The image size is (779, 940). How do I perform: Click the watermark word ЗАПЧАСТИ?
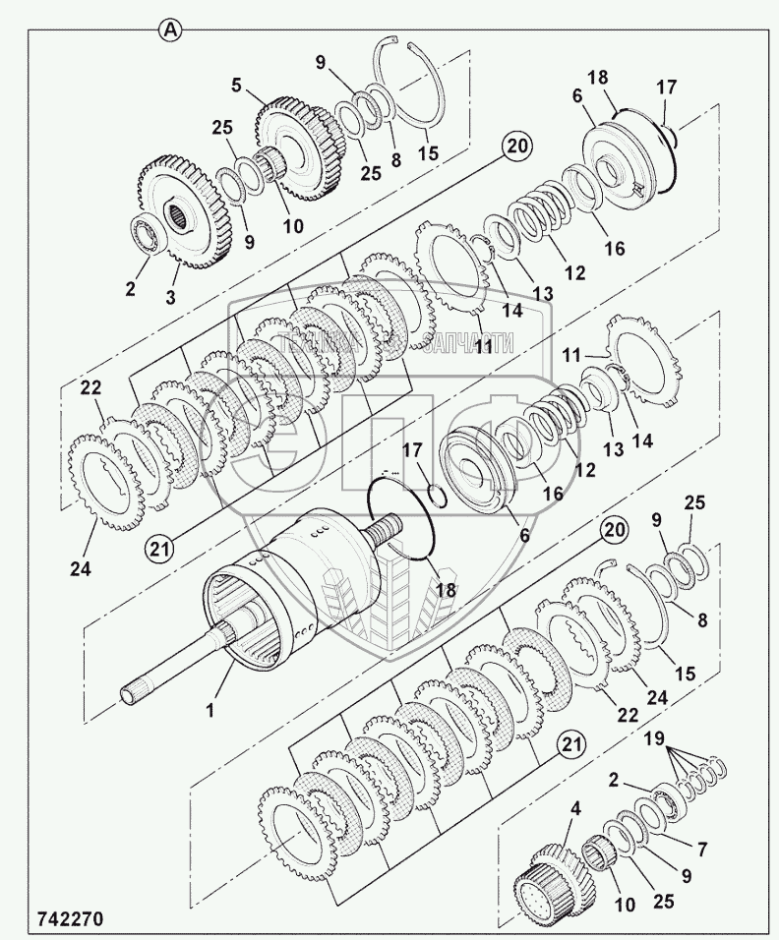[465, 342]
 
